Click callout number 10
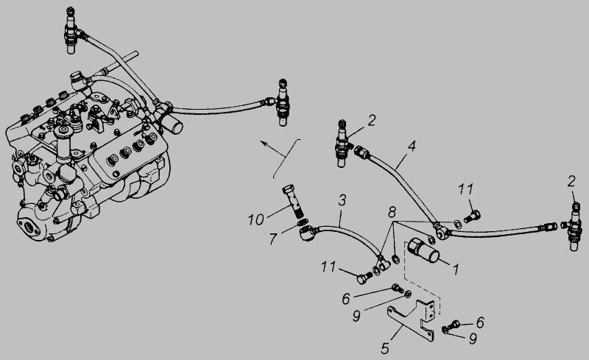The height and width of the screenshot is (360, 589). [x=255, y=219]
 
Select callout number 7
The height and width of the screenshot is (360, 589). [x=273, y=239]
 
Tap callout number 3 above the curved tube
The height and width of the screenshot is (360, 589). [x=342, y=200]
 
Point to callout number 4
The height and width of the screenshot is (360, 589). [x=412, y=147]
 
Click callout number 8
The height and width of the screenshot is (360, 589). [x=392, y=212]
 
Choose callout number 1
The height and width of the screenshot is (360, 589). [x=456, y=269]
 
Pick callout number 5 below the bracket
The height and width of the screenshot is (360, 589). [x=384, y=348]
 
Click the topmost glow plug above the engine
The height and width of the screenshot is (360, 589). [x=71, y=30]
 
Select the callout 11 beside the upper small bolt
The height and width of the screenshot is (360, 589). [x=465, y=189]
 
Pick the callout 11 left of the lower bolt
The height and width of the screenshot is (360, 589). [x=328, y=267]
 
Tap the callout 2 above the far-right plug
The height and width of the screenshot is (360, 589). [x=571, y=182]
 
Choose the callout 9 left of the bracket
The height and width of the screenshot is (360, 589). [x=356, y=316]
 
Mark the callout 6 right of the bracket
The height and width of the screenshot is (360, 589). [x=480, y=322]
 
